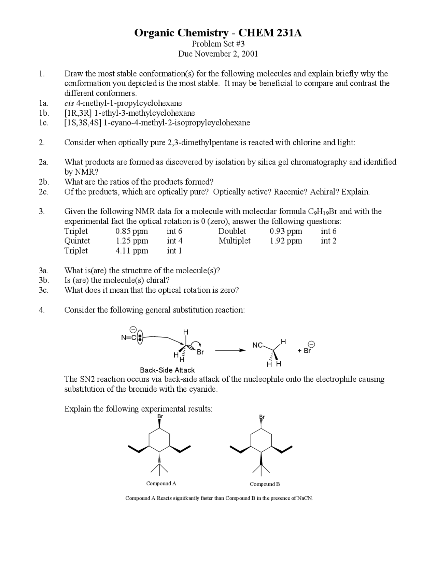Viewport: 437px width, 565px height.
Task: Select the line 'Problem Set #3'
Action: coord(218,44)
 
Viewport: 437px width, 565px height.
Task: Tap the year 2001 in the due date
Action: coord(250,54)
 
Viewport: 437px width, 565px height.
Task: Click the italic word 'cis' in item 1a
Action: coord(69,103)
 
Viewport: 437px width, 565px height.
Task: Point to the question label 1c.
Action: coord(43,123)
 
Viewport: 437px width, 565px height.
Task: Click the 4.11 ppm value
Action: coord(132,251)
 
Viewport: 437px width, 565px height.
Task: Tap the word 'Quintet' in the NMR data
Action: coord(77,241)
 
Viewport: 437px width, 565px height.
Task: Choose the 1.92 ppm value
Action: coord(286,241)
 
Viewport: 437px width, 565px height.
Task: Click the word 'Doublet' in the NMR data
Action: coord(232,231)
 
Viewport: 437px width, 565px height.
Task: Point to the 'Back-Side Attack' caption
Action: coord(167,370)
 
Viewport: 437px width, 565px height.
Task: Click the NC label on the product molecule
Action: coord(257,345)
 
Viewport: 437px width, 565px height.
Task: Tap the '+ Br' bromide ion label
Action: coord(305,350)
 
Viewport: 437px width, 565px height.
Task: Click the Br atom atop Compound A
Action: coord(160,417)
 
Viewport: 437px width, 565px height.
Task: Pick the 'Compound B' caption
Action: coord(265,484)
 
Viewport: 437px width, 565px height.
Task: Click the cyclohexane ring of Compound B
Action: coord(261,440)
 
